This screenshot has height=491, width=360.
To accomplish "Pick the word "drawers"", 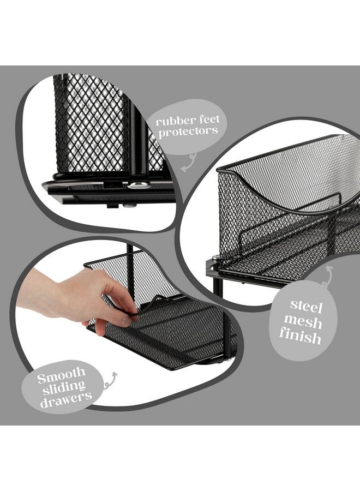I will click(64, 398).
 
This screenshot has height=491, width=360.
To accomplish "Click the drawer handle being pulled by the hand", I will click(143, 306).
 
